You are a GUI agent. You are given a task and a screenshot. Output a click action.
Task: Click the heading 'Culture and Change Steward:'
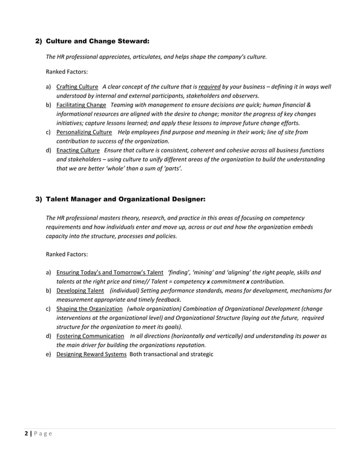pos(98,41)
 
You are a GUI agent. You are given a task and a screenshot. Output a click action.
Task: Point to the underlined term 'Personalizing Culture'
pos(84,132)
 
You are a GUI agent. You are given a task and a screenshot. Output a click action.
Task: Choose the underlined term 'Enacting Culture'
pos(78,151)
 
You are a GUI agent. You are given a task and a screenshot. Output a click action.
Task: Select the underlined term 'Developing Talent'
pos(80,291)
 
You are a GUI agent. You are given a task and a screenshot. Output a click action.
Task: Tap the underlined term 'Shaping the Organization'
pos(89,309)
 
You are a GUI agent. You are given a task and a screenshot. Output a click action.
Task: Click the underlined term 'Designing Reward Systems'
pos(91,354)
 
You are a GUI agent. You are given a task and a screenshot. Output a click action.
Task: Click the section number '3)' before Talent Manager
pos(39,199)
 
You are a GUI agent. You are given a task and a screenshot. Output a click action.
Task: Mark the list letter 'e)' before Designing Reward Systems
pos(49,354)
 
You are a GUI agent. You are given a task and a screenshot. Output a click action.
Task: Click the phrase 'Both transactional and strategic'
pos(172,354)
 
